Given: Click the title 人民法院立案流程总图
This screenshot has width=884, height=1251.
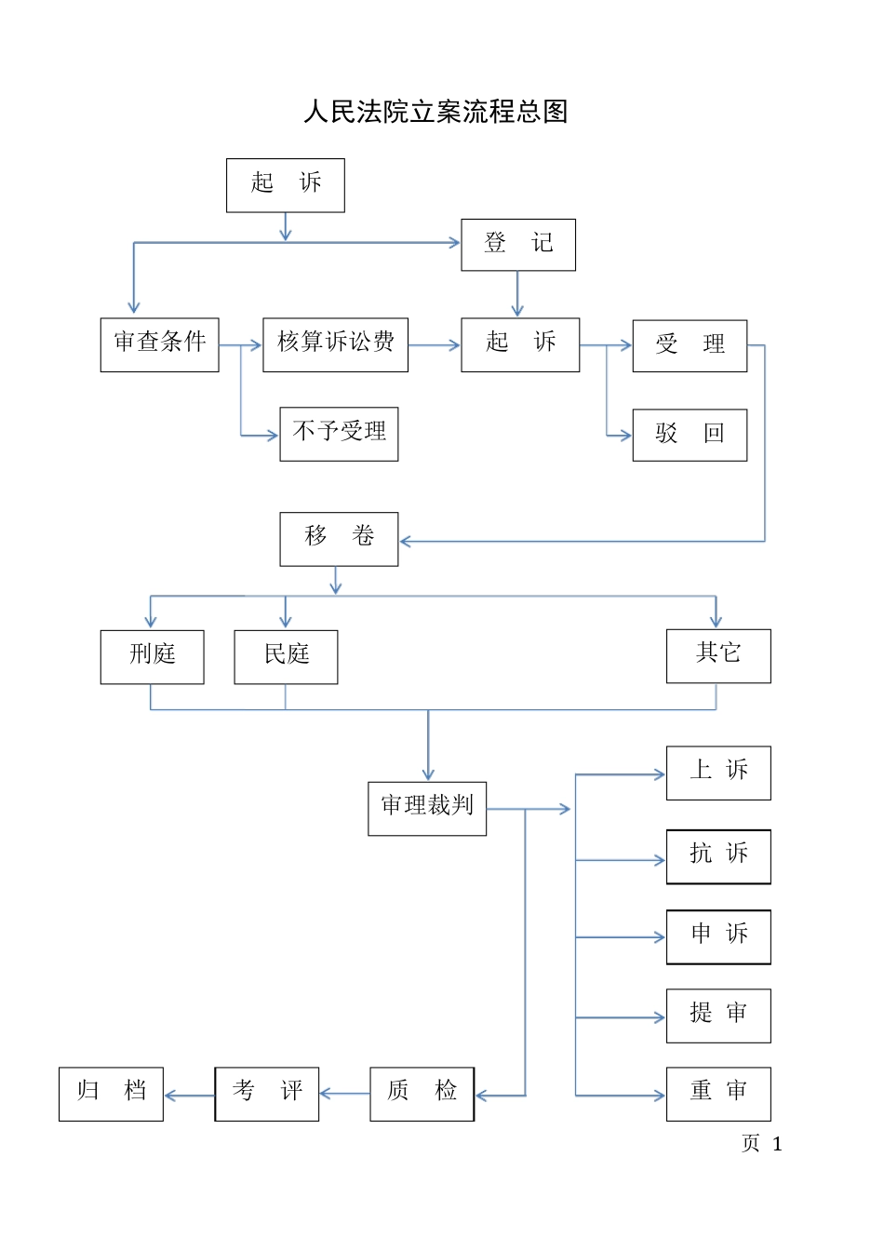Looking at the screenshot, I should tap(435, 112).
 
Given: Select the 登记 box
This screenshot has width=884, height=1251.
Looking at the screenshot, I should tap(518, 245).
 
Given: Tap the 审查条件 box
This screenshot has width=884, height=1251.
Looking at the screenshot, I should tap(159, 344).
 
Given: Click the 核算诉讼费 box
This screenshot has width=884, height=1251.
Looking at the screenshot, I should tap(335, 344).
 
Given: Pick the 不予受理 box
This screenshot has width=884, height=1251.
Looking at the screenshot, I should tap(339, 434).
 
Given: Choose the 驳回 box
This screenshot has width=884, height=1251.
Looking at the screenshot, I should tap(690, 435).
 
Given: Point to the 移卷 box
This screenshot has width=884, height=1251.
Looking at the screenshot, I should tap(339, 539).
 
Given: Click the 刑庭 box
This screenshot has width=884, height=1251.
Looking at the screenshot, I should tap(152, 656).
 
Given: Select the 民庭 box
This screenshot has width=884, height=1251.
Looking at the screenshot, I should tap(286, 656).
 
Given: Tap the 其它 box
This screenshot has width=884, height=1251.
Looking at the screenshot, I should tap(718, 655).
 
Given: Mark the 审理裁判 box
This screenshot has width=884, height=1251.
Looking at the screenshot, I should tap(427, 808).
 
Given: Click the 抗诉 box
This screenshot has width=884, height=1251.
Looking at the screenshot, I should tap(718, 856).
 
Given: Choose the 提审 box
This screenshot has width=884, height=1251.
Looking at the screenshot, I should tap(718, 1016).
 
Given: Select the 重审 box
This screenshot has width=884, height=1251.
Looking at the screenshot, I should tap(718, 1094).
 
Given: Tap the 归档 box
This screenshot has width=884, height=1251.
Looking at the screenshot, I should tap(111, 1094).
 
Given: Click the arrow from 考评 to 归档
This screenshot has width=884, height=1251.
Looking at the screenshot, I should tap(190, 1096).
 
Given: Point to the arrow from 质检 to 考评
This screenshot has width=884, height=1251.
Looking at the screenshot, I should tap(344, 1094).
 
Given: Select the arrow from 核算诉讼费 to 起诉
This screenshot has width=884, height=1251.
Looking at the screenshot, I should tap(435, 345).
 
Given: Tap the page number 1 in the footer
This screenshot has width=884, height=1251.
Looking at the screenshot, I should tap(777, 1144).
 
